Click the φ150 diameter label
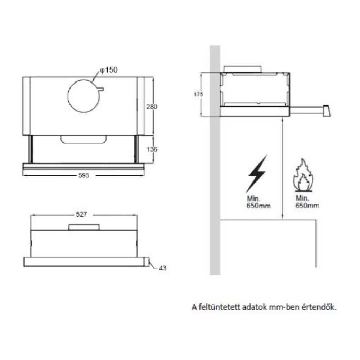pyautogui.click(x=109, y=70)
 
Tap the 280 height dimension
pyautogui.click(x=152, y=107)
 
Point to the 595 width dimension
pyautogui.click(x=84, y=176)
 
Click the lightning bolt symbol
pyautogui.click(x=256, y=173)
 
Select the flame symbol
pyautogui.click(x=303, y=175)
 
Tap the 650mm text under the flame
pyautogui.click(x=307, y=206)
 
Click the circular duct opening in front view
pyautogui.click(x=83, y=95)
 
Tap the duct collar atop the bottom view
pyautogui.click(x=84, y=227)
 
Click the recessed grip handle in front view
pyautogui.click(x=84, y=140)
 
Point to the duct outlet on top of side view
pyautogui.click(x=242, y=69)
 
